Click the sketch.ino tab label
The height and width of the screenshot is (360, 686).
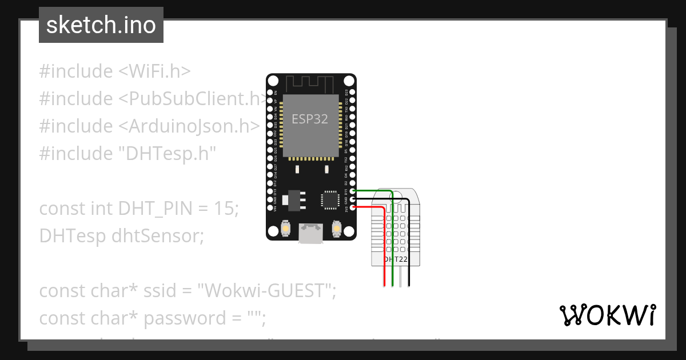click(x=101, y=25)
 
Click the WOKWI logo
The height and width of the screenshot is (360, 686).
click(x=607, y=315)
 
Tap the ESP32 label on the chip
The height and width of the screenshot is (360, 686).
click(x=310, y=119)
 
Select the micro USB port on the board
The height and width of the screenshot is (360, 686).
click(x=311, y=233)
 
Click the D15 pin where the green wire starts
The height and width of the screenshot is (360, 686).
click(x=353, y=191)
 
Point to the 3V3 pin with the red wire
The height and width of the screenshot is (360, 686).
click(x=353, y=207)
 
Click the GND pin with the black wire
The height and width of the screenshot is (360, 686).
click(x=353, y=199)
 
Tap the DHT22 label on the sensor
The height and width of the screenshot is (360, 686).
click(x=396, y=259)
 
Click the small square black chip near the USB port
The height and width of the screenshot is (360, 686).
click(x=330, y=200)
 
